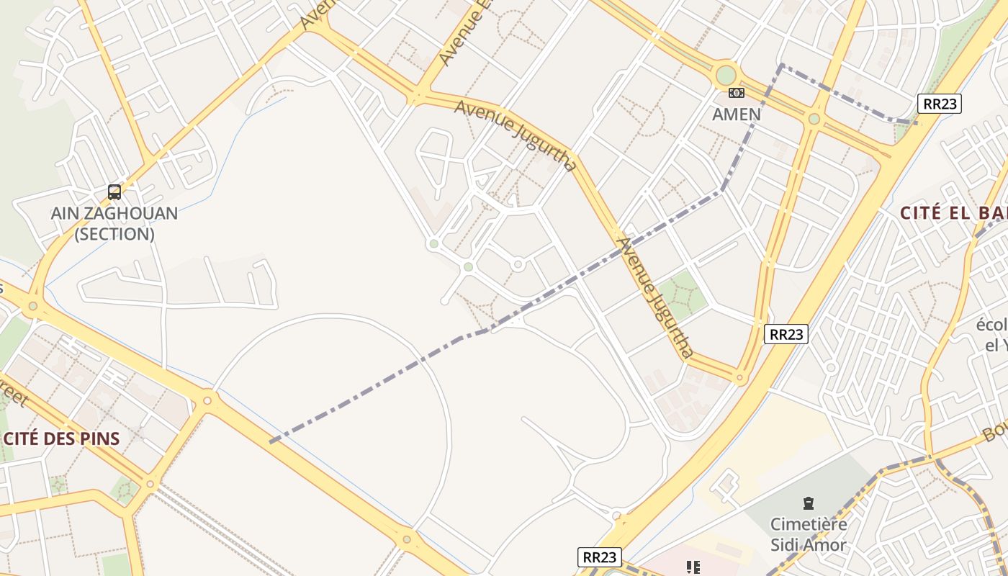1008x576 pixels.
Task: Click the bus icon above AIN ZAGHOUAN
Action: [x=114, y=192]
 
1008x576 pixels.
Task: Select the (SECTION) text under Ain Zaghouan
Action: [x=114, y=234]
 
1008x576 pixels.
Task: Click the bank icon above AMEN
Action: [x=736, y=93]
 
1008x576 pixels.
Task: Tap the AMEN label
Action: [x=736, y=114]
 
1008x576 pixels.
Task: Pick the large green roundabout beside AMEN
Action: [x=726, y=75]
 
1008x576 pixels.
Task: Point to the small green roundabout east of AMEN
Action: [x=814, y=119]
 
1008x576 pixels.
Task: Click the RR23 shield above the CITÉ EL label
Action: [x=940, y=104]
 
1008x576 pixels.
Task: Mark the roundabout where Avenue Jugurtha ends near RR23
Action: [x=739, y=377]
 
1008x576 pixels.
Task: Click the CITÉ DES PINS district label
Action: [x=62, y=438]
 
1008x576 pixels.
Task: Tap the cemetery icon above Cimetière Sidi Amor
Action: [x=808, y=503]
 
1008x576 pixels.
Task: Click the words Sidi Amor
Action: [x=808, y=545]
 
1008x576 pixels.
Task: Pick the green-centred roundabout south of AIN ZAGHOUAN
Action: [x=32, y=307]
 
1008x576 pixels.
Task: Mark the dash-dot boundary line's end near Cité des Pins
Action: [x=271, y=441]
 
